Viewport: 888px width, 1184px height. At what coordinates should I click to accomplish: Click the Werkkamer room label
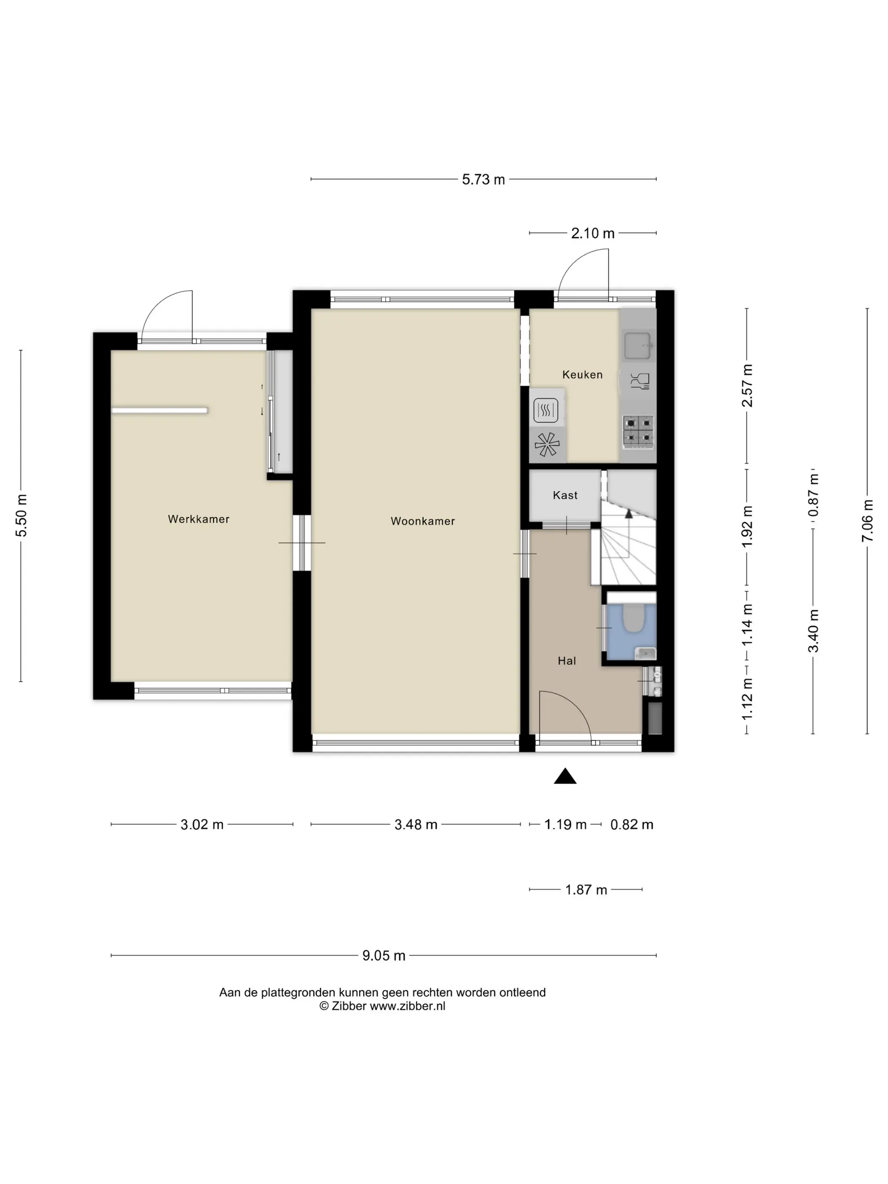(x=199, y=519)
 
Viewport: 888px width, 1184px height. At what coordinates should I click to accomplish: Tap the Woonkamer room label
(x=423, y=521)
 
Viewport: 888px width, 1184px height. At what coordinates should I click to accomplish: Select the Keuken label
(x=582, y=375)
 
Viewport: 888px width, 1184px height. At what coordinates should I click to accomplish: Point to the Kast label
(x=565, y=495)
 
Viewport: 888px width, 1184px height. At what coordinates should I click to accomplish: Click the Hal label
(x=567, y=661)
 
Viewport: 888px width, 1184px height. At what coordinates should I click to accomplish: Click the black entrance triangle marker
(x=565, y=776)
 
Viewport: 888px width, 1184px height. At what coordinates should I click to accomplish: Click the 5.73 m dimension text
(x=483, y=179)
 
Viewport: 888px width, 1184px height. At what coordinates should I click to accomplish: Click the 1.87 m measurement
(x=586, y=890)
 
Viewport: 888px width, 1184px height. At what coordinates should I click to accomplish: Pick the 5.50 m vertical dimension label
(x=21, y=515)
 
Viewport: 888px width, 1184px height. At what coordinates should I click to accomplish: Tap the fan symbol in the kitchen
(x=546, y=444)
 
